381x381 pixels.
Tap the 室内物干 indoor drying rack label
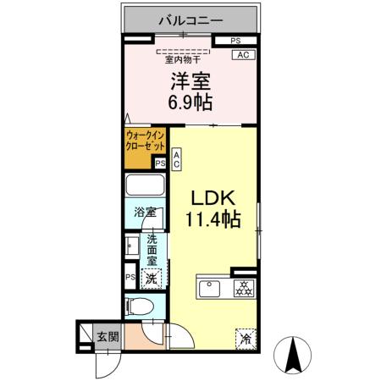[x=182, y=59]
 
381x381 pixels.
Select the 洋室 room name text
[x=190, y=82]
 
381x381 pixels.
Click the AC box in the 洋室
[x=242, y=55]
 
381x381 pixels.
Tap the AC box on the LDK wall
[x=176, y=159]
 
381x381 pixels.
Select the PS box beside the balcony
[x=235, y=41]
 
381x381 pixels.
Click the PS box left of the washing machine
[x=130, y=277]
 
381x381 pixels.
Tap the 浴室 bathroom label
[x=145, y=213]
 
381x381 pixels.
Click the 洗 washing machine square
[x=150, y=278]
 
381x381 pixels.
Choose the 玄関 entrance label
[x=106, y=337]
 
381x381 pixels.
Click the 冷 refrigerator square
[x=246, y=337]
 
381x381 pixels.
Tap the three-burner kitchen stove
[x=244, y=287]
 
